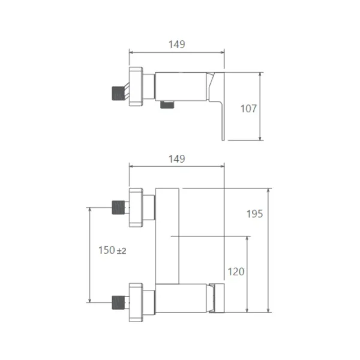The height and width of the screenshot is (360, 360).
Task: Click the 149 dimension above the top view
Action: click(176, 44)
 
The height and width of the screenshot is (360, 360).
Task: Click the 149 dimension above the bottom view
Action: click(176, 159)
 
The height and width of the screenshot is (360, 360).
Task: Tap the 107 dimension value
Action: click(248, 109)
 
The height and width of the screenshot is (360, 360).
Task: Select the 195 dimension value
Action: click(254, 214)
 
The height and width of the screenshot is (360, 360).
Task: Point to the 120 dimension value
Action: click(236, 272)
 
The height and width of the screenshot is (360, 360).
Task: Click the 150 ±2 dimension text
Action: click(112, 250)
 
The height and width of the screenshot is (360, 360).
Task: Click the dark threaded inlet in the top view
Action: click(118, 94)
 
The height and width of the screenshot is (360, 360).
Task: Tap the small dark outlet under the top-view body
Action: click(167, 104)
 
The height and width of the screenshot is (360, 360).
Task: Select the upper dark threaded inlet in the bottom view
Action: click(118, 208)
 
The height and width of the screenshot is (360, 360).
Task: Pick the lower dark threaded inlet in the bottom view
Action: click(118, 302)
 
